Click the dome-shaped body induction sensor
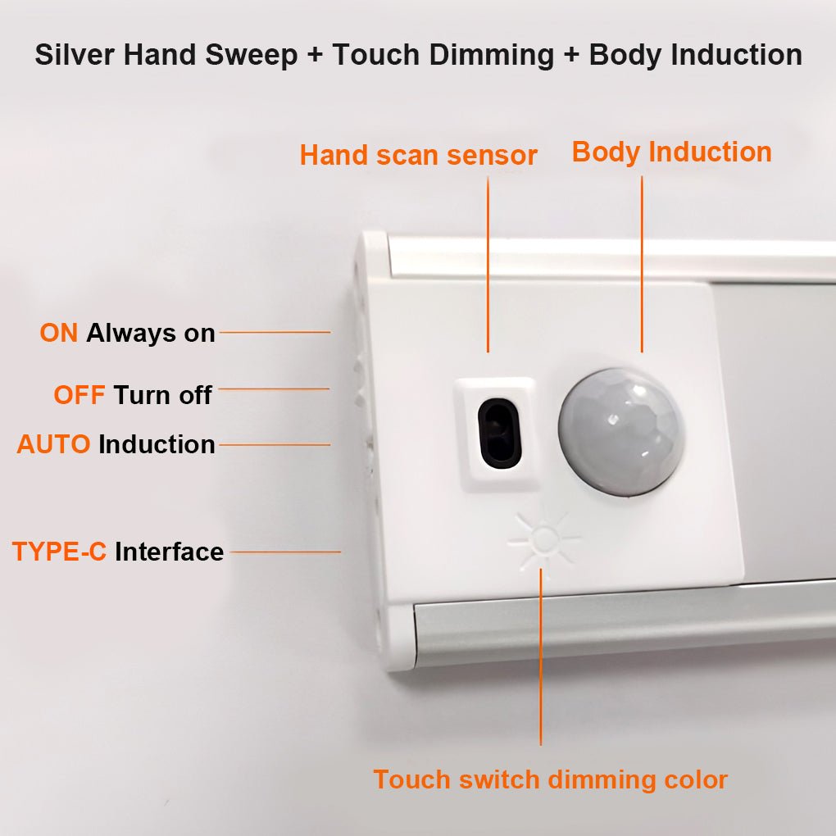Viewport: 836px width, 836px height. pos(621,432)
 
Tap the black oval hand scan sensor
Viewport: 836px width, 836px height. pos(498,433)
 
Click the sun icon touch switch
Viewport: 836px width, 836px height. pos(543,539)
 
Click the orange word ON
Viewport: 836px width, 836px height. pos(59,334)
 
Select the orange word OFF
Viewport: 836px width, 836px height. pos(80,395)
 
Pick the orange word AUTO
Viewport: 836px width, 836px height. pos(53,444)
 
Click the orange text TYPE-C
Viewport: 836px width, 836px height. pos(59,552)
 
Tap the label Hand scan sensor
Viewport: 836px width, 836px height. pos(418,155)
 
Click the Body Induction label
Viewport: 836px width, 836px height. pos(671,152)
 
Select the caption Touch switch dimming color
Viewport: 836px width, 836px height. pos(550,779)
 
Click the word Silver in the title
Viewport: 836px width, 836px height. pos(78,55)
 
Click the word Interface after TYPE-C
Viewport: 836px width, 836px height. pos(169,552)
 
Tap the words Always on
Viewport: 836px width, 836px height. pos(151,334)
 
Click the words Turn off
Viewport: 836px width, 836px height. pos(162,395)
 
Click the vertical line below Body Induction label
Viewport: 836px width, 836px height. pos(642,262)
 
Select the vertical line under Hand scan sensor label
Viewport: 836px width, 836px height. pos(488,262)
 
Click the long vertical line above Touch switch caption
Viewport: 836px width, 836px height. pos(541,656)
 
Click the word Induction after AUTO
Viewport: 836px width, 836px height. pos(157,444)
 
